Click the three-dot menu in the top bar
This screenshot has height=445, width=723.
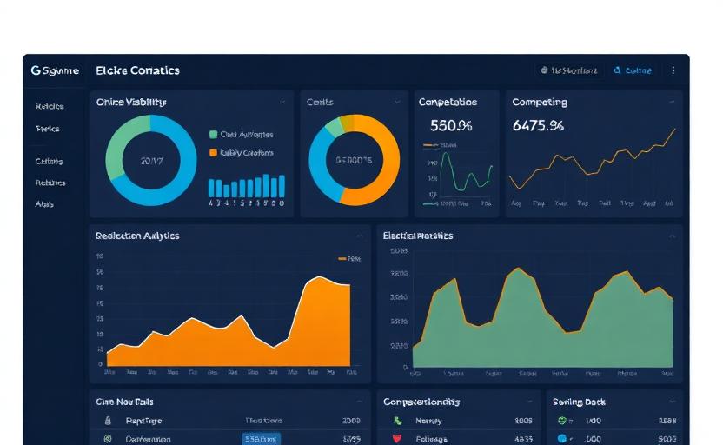[673, 70]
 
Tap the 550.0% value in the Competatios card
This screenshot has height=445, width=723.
[450, 126]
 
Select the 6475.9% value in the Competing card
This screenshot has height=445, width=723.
[538, 126]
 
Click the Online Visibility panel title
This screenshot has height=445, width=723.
[131, 103]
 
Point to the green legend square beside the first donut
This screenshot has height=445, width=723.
[213, 135]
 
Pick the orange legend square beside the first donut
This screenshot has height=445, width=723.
[213, 153]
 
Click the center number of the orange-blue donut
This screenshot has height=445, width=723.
[354, 161]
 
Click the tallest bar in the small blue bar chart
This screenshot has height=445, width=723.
[281, 185]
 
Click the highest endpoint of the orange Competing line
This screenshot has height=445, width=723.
[674, 130]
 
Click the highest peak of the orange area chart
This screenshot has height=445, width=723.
[319, 278]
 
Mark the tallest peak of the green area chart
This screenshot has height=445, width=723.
[519, 269]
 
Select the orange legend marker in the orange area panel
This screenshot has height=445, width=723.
[342, 258]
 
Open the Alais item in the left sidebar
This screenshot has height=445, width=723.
[44, 204]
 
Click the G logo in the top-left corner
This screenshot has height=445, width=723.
[36, 70]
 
